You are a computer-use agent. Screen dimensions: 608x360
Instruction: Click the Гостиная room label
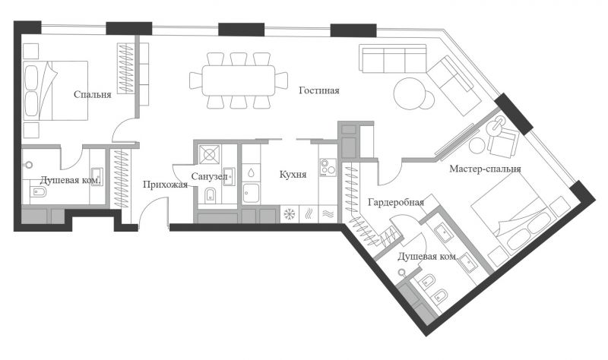tap(319, 90)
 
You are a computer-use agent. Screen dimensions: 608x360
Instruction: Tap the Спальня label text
tap(92, 94)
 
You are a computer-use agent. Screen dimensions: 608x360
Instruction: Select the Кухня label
tap(293, 175)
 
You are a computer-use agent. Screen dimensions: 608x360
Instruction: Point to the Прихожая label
tap(165, 185)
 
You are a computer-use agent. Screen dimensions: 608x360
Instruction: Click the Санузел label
tap(209, 177)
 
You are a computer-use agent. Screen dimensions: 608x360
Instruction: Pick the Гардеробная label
tap(396, 202)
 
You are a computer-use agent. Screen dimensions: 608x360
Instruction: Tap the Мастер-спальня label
tap(485, 169)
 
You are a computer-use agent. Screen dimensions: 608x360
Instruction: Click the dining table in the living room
tap(239, 81)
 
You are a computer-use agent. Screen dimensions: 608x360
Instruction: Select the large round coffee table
tap(410, 94)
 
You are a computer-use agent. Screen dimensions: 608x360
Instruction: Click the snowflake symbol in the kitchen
tap(290, 214)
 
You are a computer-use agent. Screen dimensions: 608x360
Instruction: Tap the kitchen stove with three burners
tap(328, 167)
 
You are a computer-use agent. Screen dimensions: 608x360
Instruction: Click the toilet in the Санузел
tap(210, 195)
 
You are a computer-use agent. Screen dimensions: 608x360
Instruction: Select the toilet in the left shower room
tap(38, 191)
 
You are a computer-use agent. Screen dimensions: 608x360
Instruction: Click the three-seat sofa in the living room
tap(393, 58)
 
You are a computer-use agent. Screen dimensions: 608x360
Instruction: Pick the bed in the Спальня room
tap(55, 90)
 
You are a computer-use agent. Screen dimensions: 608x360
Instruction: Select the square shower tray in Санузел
tap(210, 155)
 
